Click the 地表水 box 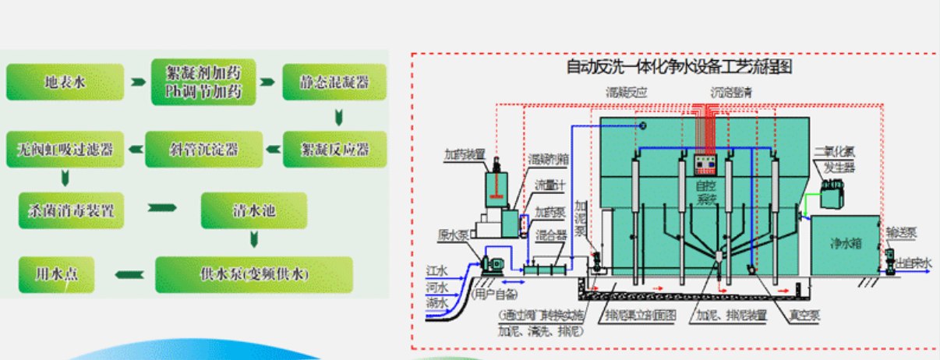click(x=65, y=82)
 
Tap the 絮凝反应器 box click(x=335, y=149)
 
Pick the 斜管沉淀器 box click(x=204, y=149)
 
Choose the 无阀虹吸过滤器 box click(x=65, y=149)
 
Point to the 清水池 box click(x=254, y=210)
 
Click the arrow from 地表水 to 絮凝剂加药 click(x=138, y=82)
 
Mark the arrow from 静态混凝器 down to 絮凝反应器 click(x=338, y=118)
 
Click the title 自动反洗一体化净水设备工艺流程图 click(x=679, y=67)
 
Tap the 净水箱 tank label click(x=845, y=243)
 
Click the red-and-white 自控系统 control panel click(x=705, y=163)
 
